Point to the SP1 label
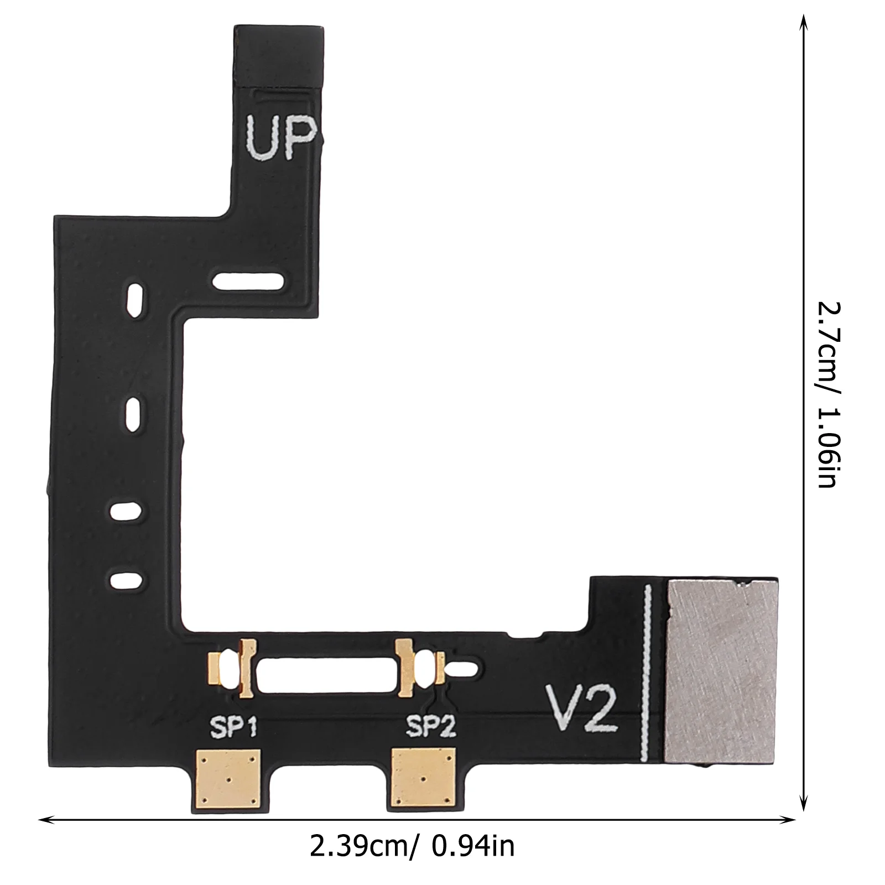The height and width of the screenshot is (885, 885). coord(234,727)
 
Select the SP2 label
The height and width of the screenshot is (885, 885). coord(431,727)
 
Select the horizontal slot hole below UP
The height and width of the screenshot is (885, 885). coord(248,282)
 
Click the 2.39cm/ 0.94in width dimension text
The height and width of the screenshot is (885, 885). coord(412,846)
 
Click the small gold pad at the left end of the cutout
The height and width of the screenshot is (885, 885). coord(214,670)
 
